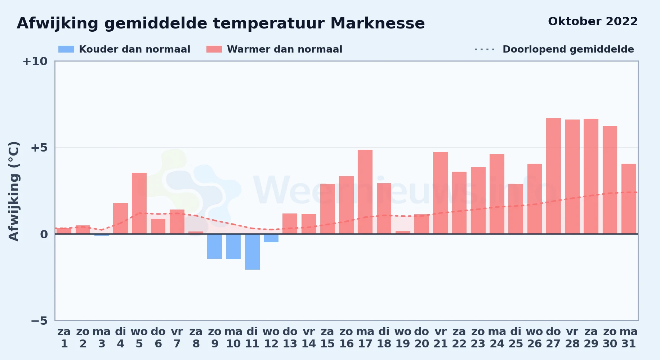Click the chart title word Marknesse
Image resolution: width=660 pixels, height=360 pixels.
(x=378, y=23)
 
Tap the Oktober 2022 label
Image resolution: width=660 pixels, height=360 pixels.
(x=593, y=21)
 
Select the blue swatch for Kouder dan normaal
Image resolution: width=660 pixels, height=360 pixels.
(x=66, y=49)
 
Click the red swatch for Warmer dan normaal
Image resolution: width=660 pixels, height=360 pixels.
(x=214, y=49)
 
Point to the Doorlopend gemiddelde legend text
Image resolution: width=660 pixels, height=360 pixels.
(x=568, y=49)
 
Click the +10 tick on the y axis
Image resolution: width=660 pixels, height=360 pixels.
(x=35, y=61)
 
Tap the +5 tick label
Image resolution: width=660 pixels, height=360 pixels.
(x=39, y=148)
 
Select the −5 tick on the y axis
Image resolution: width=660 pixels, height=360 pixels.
(x=39, y=321)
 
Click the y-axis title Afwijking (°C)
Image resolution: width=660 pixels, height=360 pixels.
(x=14, y=191)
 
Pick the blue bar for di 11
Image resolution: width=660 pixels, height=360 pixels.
(x=252, y=252)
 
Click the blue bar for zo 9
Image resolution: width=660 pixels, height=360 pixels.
(x=214, y=246)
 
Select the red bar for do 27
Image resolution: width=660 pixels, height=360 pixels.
(x=553, y=176)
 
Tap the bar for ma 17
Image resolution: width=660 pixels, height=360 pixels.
(x=365, y=192)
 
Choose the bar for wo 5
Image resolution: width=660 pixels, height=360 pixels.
(x=139, y=203)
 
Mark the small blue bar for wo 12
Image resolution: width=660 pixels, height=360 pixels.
(x=271, y=238)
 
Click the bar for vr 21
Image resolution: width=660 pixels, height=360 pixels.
(x=440, y=193)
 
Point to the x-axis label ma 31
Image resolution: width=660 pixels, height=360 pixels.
(x=629, y=338)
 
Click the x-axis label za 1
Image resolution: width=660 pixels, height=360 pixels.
(x=64, y=338)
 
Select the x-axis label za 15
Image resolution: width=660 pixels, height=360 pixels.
(x=327, y=338)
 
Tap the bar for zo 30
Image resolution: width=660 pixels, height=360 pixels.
(x=610, y=180)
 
